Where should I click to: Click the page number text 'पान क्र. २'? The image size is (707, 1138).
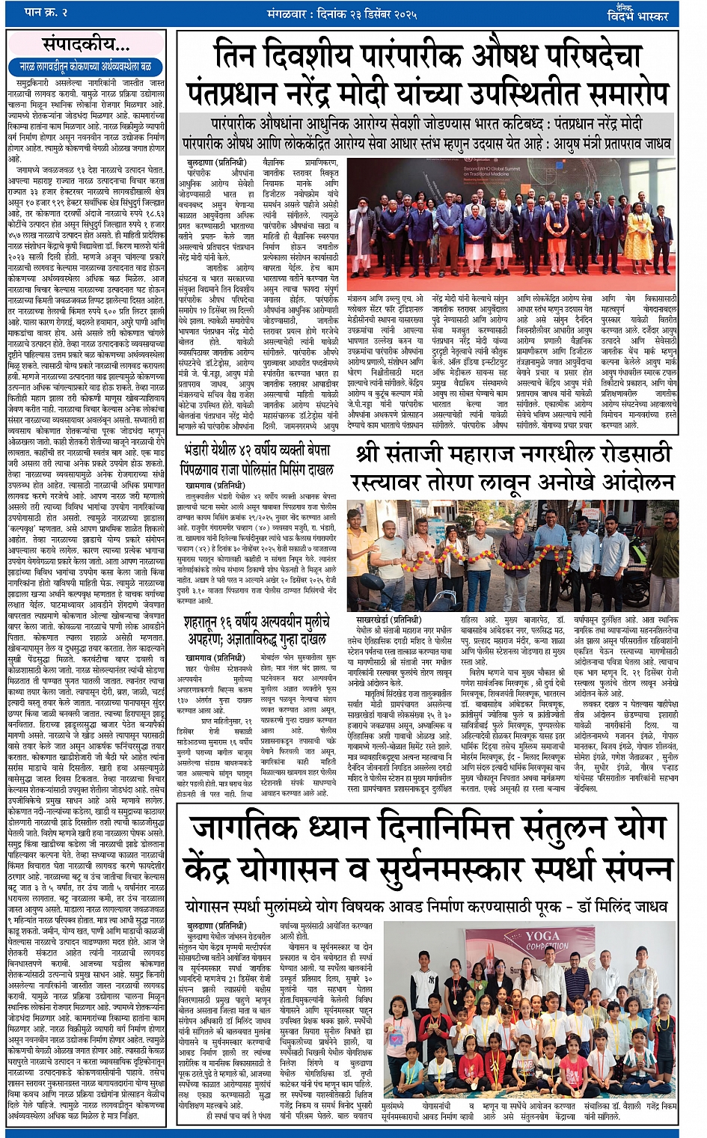[47, 13]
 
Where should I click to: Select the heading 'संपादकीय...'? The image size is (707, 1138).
[86, 44]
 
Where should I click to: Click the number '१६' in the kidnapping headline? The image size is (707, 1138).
[226, 622]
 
